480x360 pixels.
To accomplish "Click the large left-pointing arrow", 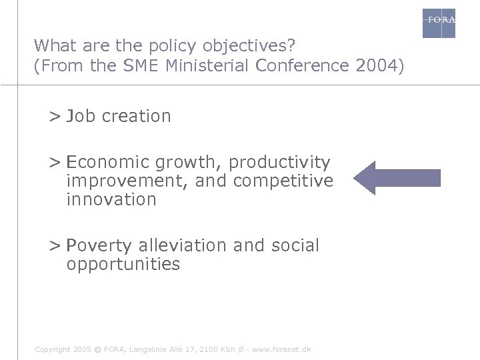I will point(397,177).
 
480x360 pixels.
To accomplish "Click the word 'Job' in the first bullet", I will point(81,116).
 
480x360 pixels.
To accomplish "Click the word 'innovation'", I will point(111,199).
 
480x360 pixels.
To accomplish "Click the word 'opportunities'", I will point(123,264).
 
